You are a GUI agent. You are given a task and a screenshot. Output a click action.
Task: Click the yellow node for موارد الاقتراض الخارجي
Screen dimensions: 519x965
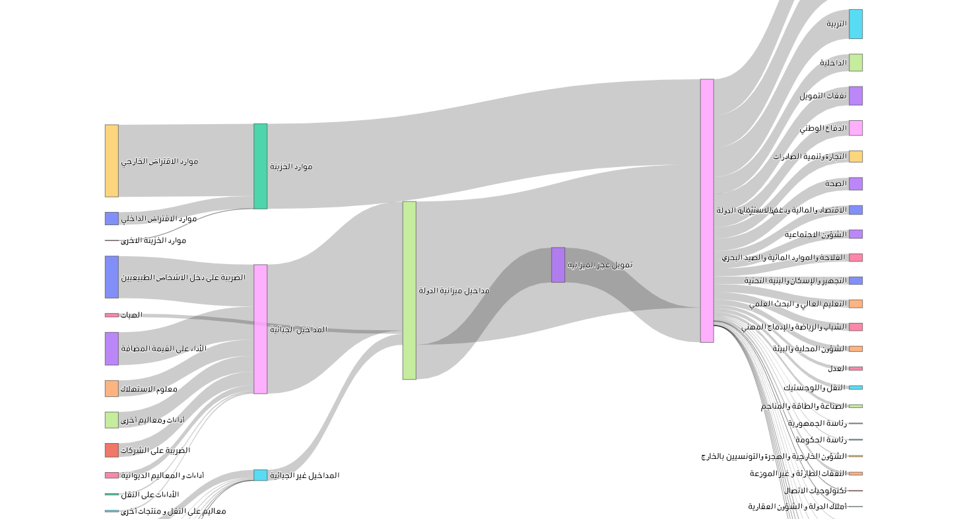tap(112, 160)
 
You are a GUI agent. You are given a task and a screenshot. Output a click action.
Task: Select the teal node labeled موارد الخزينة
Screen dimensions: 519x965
tap(261, 166)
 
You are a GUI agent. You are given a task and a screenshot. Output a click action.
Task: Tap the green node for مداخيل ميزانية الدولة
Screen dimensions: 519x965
tap(409, 291)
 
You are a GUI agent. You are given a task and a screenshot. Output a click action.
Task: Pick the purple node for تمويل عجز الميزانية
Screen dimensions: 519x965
tap(558, 265)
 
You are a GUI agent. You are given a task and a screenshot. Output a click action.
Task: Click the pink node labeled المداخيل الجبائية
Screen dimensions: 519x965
tap(261, 329)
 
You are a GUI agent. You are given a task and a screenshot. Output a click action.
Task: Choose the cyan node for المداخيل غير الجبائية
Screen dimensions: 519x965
tap(261, 475)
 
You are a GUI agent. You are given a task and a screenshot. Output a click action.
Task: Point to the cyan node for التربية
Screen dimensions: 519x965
tap(855, 24)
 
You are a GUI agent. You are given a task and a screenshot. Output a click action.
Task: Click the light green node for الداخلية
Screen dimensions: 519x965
tap(855, 63)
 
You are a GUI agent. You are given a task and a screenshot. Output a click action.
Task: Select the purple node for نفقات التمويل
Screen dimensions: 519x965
tap(855, 96)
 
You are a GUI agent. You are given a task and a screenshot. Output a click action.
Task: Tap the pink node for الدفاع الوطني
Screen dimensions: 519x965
tap(855, 128)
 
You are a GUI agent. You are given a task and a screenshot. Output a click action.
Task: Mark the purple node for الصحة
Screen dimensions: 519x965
tap(855, 184)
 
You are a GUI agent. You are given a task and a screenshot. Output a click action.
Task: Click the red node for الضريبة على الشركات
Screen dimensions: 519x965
tap(112, 450)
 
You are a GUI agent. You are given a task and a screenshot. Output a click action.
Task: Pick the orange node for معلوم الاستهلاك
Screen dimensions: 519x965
tap(112, 388)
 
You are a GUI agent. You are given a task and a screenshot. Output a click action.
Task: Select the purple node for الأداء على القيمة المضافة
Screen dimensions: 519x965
tap(112, 349)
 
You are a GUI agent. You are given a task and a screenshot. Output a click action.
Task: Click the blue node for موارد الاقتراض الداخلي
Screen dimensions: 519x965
tap(112, 219)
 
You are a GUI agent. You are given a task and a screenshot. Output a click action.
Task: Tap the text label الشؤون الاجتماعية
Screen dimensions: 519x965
tap(815, 234)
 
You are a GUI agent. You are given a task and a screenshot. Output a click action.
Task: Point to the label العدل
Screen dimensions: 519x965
tap(836, 368)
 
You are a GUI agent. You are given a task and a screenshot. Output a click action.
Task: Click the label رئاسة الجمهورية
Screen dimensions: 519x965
tap(816, 423)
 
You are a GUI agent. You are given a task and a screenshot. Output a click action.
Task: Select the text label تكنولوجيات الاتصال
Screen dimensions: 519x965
tap(815, 491)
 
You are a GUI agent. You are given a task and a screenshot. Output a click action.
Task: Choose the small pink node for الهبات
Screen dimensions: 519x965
tap(112, 315)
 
